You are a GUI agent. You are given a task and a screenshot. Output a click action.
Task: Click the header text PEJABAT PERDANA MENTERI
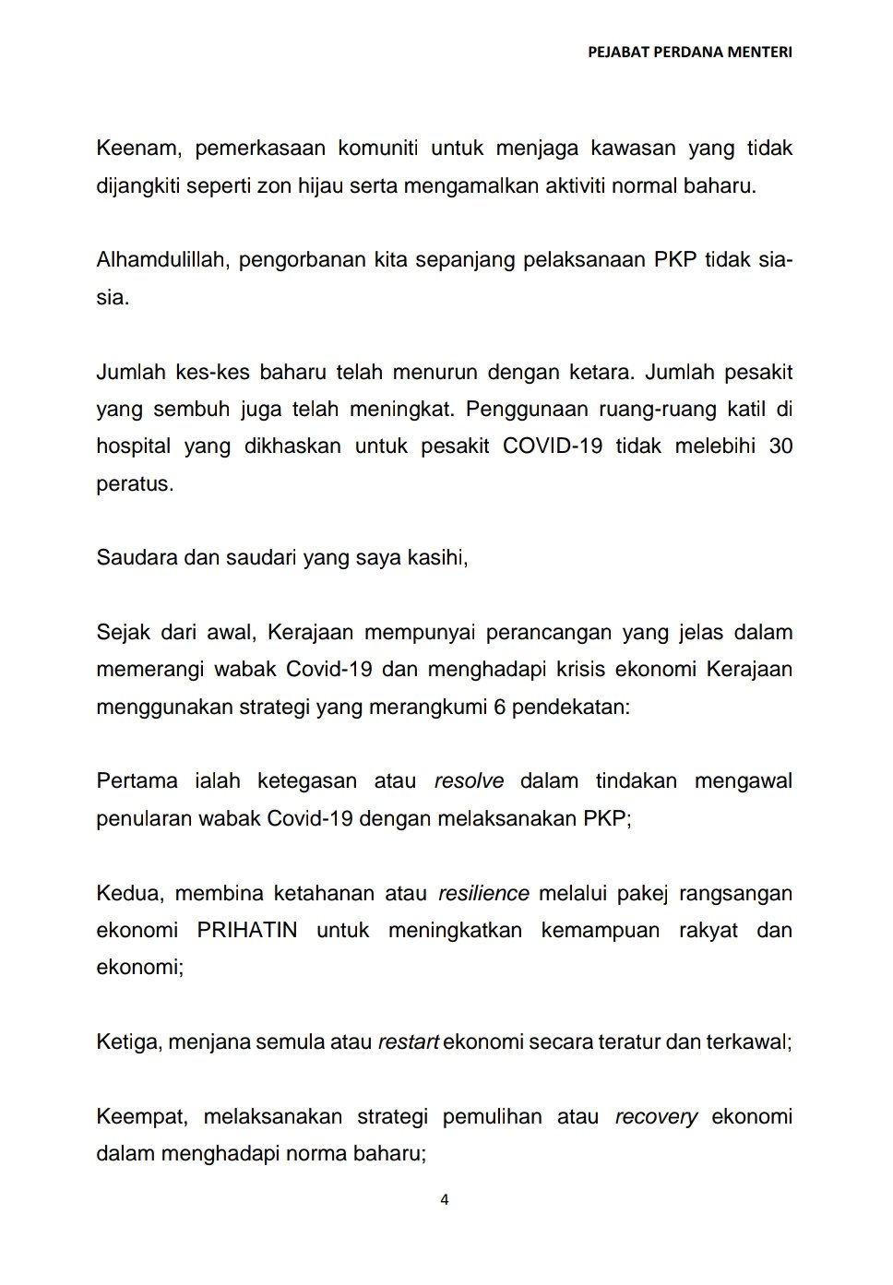point(689,53)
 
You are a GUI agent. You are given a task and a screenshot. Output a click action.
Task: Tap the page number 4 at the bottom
point(445,1200)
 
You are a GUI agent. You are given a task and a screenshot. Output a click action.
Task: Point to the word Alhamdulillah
point(161,260)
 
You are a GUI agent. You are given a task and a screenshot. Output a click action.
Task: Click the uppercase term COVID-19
point(552,446)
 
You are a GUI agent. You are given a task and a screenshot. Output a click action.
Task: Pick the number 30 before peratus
point(780,446)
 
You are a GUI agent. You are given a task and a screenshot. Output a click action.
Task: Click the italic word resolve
point(469,781)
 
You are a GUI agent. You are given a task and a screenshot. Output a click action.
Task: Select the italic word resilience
point(483,893)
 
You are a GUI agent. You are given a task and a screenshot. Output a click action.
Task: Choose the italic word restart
point(408,1042)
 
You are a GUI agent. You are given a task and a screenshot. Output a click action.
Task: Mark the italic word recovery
point(656,1117)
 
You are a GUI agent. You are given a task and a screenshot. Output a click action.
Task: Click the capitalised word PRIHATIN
point(247,930)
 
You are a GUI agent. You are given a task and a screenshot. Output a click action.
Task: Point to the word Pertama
point(137,781)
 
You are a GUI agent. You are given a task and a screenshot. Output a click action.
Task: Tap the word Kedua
point(129,893)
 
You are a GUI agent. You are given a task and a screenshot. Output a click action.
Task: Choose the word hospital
point(133,446)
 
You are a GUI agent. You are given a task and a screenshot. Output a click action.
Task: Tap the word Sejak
point(124,633)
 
